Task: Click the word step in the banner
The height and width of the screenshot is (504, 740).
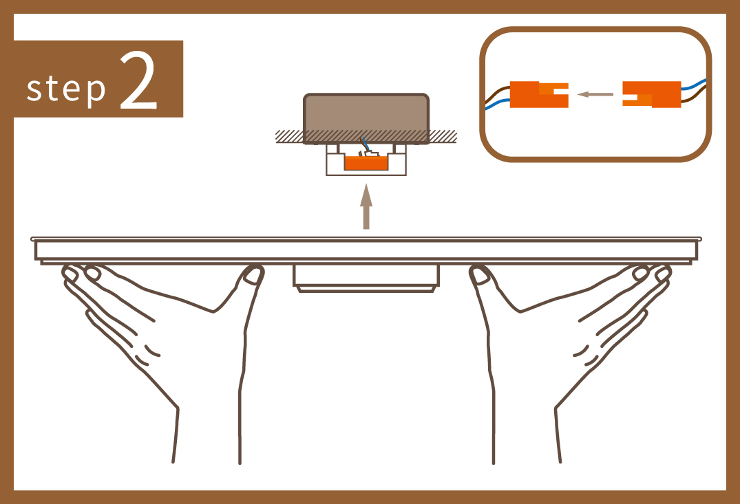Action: click(x=66, y=88)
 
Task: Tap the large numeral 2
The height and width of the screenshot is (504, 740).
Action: click(x=138, y=80)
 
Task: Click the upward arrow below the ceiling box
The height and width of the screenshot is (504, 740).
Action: click(x=366, y=206)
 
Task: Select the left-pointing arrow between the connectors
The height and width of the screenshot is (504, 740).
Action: click(x=595, y=94)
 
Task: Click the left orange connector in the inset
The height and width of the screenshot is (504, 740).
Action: click(x=538, y=94)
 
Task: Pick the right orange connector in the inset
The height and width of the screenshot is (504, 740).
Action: click(x=652, y=94)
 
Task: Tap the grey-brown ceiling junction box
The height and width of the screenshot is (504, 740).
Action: click(x=366, y=118)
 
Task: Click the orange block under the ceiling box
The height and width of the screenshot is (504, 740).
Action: click(x=366, y=163)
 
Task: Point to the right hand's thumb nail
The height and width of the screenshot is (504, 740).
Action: click(x=480, y=276)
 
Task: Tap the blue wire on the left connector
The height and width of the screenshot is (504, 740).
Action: click(x=498, y=105)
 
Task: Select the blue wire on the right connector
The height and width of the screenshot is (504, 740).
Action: click(x=694, y=85)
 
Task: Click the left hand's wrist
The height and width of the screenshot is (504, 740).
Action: click(x=208, y=434)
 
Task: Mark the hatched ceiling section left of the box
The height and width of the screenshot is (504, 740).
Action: click(x=289, y=136)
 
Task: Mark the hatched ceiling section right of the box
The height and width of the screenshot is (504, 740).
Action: click(x=443, y=136)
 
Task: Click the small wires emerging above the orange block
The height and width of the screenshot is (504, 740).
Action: click(x=366, y=148)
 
